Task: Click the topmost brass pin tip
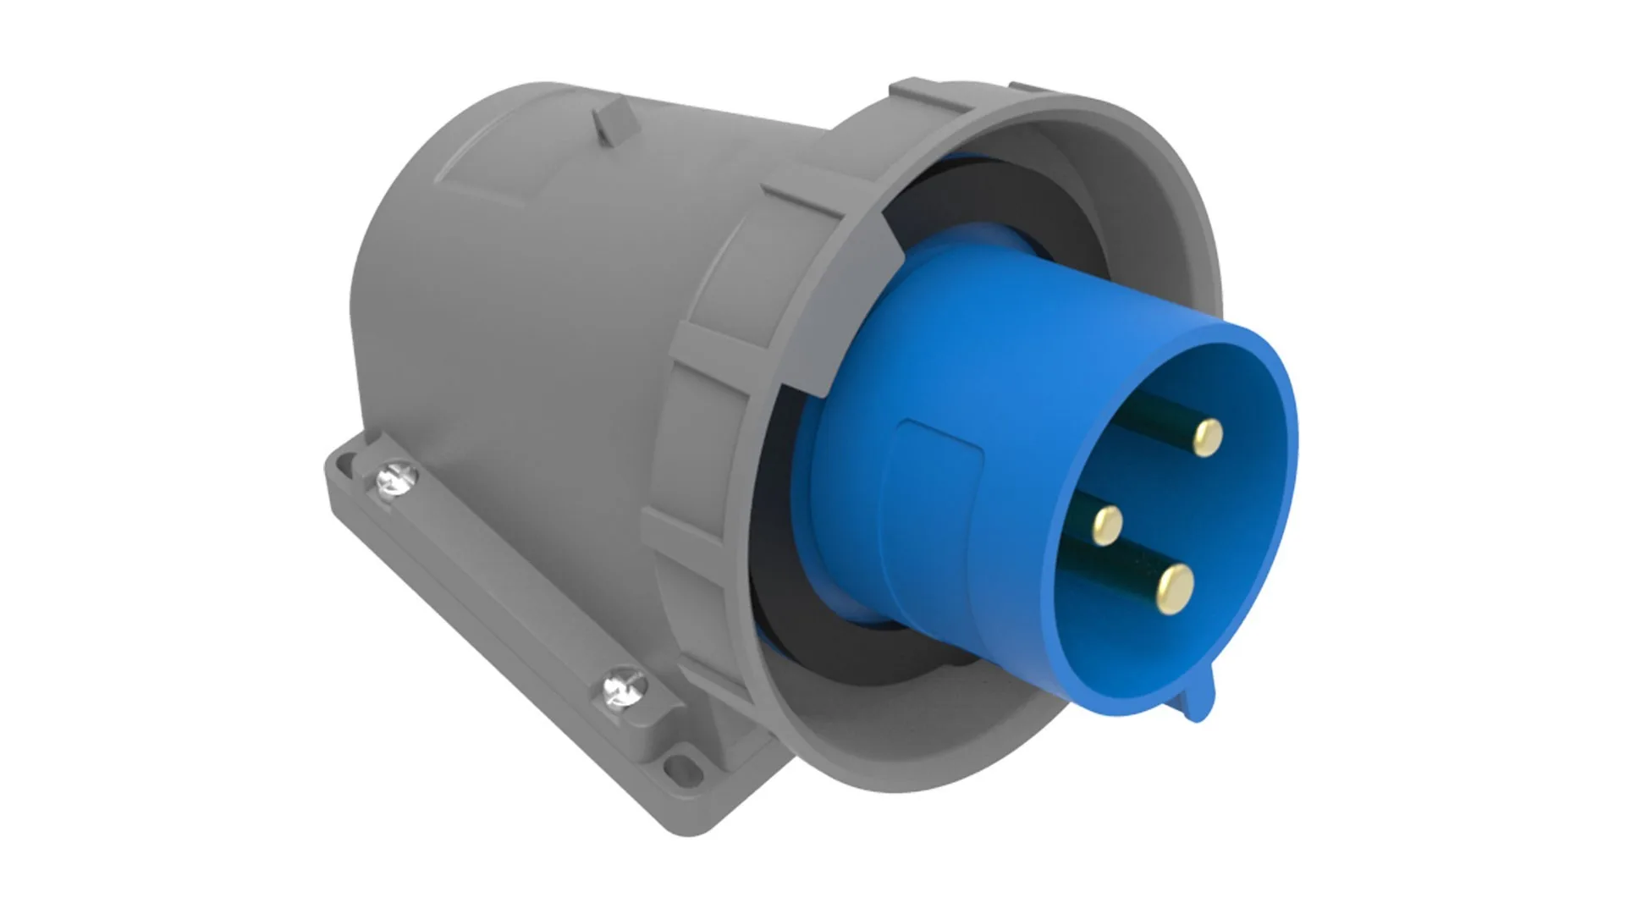[1208, 437]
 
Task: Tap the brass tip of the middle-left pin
[1106, 525]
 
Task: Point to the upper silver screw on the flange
[396, 479]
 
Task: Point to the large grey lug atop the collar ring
[923, 95]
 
